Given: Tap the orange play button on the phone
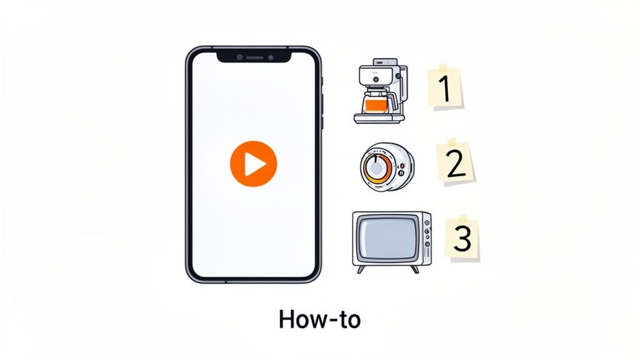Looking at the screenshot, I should (x=253, y=164).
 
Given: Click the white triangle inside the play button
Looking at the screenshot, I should (x=254, y=164).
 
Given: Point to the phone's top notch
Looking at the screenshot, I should (x=253, y=57).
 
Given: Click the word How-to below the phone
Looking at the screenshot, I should (x=319, y=319).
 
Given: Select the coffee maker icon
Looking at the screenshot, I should (x=379, y=91).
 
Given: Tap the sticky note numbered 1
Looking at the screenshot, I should (x=445, y=87).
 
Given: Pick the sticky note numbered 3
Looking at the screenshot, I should (x=463, y=238).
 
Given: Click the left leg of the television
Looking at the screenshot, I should (x=360, y=269).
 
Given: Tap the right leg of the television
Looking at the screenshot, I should (x=414, y=269).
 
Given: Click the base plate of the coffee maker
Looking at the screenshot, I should (x=379, y=117).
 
